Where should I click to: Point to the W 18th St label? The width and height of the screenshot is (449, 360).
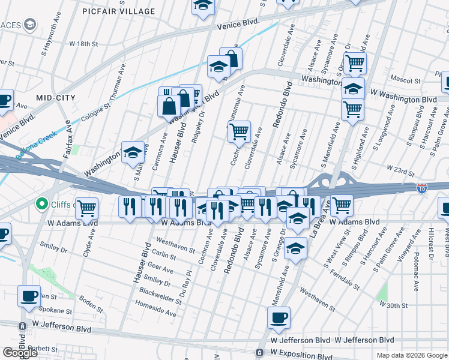(83, 44)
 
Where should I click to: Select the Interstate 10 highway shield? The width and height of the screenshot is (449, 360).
(423, 188)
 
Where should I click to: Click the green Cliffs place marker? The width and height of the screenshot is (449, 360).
(42, 205)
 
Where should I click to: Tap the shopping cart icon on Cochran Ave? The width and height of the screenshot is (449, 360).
(240, 131)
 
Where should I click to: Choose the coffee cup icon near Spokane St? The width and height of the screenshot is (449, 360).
(29, 296)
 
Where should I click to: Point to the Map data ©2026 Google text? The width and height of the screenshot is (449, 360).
(412, 355)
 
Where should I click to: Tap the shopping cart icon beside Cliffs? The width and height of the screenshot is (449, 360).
(87, 208)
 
